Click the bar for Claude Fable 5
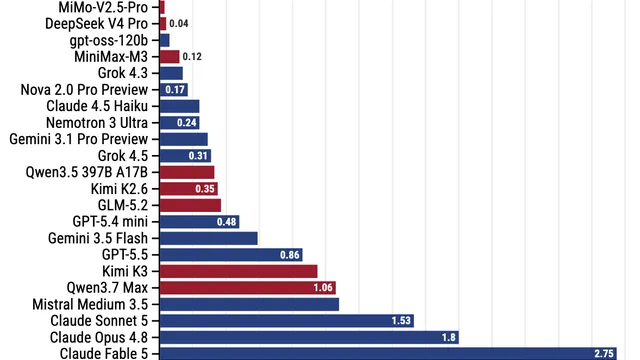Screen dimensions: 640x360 [x=388, y=353]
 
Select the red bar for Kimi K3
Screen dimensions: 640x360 [x=238, y=271]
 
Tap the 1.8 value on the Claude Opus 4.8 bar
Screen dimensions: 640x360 [x=449, y=337]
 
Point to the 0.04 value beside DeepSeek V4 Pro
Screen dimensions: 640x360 [x=179, y=24]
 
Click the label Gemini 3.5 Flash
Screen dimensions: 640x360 [x=98, y=238]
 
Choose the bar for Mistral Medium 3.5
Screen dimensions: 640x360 [x=249, y=304]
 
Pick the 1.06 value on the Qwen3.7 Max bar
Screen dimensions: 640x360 [x=323, y=288]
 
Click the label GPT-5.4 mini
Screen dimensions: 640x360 [x=110, y=222]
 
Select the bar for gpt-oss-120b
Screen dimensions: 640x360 [x=164, y=40]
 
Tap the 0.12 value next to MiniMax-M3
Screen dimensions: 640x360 [x=192, y=57]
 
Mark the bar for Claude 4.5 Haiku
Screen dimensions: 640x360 [x=179, y=106]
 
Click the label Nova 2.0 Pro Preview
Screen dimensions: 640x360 [x=84, y=90]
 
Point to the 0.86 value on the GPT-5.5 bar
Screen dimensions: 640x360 [x=290, y=255]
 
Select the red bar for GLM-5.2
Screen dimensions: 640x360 [x=190, y=205]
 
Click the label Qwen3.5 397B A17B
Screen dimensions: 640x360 [x=87, y=172]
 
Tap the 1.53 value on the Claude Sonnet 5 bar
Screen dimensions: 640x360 [x=401, y=321]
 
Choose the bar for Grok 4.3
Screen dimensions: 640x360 [x=171, y=73]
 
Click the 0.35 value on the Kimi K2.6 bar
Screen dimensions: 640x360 [x=205, y=189]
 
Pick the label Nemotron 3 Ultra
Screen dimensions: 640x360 [x=97, y=123]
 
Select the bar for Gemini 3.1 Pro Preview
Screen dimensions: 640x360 [x=184, y=139]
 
